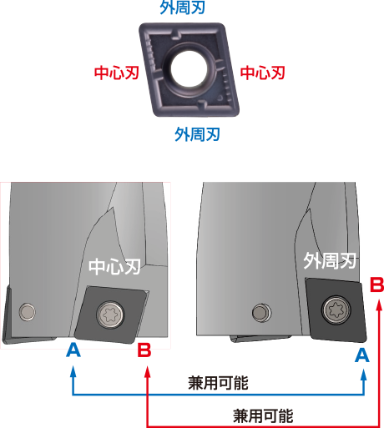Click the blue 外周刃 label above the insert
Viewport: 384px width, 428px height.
pyautogui.click(x=183, y=7)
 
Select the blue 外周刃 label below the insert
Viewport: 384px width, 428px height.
pyautogui.click(x=198, y=134)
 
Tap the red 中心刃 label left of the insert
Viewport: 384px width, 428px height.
pyautogui.click(x=117, y=73)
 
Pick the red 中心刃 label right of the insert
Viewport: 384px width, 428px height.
pyautogui.click(x=263, y=73)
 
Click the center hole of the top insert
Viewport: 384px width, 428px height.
pyautogui.click(x=189, y=68)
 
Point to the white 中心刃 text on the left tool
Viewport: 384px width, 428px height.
pyautogui.click(x=114, y=267)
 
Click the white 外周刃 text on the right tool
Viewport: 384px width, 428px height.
pyautogui.click(x=330, y=260)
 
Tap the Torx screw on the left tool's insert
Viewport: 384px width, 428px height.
pyautogui.click(x=110, y=315)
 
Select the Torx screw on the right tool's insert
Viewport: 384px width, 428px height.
pyautogui.click(x=336, y=310)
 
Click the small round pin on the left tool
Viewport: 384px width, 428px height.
pyautogui.click(x=28, y=311)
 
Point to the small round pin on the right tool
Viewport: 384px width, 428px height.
pyautogui.click(x=261, y=312)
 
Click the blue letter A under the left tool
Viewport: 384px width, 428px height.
pyautogui.click(x=73, y=350)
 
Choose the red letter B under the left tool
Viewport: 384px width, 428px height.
pyautogui.click(x=144, y=350)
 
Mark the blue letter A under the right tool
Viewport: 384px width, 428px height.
pyautogui.click(x=362, y=355)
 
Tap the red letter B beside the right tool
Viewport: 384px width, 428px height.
pyautogui.click(x=376, y=284)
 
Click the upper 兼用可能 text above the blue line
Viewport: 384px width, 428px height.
pyautogui.click(x=218, y=383)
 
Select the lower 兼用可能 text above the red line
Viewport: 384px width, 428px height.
pyautogui.click(x=263, y=416)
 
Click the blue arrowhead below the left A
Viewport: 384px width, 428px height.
pyautogui.click(x=73, y=371)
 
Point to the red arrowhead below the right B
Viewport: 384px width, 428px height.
pyautogui.click(x=378, y=305)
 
